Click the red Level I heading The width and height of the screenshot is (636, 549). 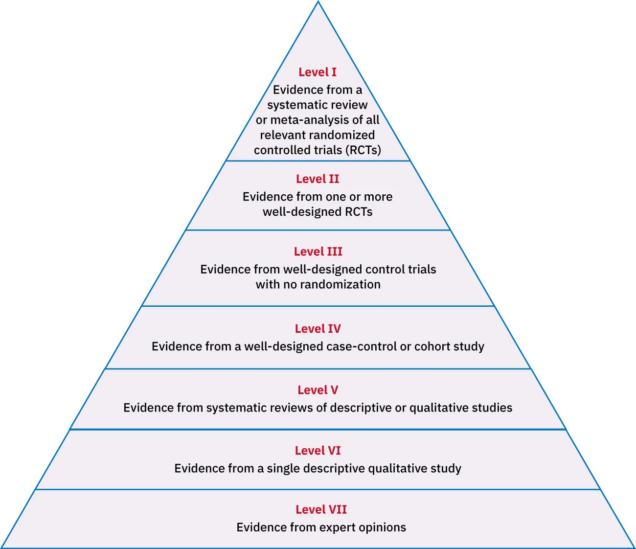click(318, 72)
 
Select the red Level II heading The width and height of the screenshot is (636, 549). click(318, 179)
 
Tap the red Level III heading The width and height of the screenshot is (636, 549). click(318, 252)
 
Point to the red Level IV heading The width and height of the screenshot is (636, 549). click(318, 329)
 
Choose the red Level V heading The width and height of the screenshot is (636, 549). click(318, 390)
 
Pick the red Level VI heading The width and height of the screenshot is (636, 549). click(318, 451)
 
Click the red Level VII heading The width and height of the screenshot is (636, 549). click(321, 509)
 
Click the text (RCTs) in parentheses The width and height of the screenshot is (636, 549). click(363, 150)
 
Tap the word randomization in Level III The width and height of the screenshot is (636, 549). click(340, 284)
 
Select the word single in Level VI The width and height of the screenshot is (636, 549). click(283, 468)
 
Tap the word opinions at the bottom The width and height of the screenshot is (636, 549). click(382, 527)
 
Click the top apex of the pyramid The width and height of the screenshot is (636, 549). click(318, 2)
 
